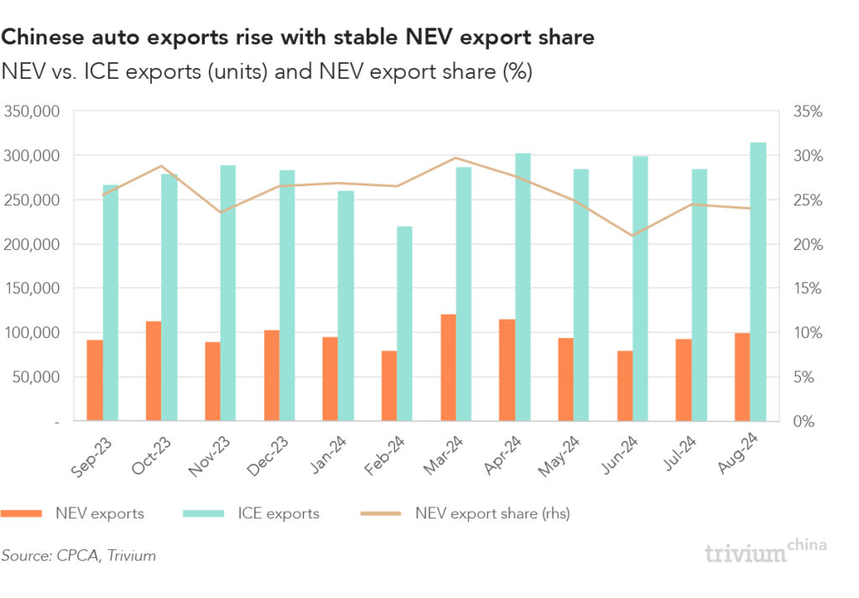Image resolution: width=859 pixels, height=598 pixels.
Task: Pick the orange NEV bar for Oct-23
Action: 154,371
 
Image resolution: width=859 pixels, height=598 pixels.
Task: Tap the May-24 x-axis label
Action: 559,454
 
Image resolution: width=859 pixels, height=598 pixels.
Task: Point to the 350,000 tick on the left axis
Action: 30,112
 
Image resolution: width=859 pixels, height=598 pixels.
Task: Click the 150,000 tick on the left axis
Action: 30,289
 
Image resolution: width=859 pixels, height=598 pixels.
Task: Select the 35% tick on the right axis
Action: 809,112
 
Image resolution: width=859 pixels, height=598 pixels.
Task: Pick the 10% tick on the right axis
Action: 809,333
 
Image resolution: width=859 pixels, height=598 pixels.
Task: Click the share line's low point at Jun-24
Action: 633,236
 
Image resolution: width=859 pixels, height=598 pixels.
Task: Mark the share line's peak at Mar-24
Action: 456,158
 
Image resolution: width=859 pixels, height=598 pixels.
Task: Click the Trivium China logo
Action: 764,551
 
